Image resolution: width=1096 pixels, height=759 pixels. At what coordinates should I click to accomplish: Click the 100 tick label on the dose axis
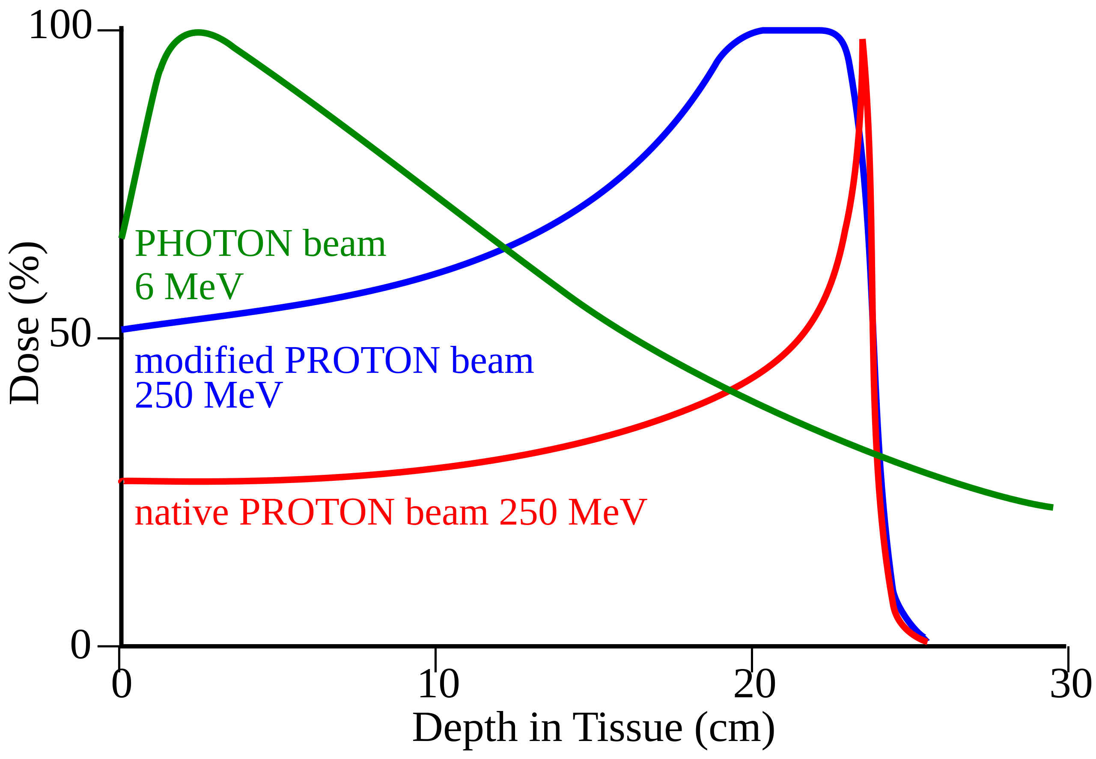(x=60, y=25)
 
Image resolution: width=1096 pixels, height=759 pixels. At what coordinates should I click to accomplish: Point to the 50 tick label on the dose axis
(x=70, y=333)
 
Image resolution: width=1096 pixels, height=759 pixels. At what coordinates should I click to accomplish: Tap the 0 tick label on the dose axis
(x=80, y=645)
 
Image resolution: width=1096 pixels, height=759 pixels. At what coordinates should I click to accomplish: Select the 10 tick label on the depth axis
(x=438, y=684)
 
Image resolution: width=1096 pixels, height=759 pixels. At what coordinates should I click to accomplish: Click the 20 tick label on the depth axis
(x=754, y=684)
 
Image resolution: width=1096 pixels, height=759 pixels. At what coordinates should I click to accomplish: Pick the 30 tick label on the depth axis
(x=1070, y=684)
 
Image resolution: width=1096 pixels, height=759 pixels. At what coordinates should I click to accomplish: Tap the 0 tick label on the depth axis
(x=122, y=684)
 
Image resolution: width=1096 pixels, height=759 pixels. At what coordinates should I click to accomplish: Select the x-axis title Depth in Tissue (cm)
(x=593, y=728)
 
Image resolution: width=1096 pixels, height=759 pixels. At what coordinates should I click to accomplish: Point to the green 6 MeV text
(x=189, y=287)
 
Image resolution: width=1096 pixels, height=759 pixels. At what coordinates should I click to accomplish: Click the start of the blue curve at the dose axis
(x=124, y=329)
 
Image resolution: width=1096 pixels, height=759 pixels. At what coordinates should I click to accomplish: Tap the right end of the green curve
(x=1052, y=507)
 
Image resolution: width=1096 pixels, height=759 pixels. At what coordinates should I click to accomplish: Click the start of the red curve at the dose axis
(x=122, y=481)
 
